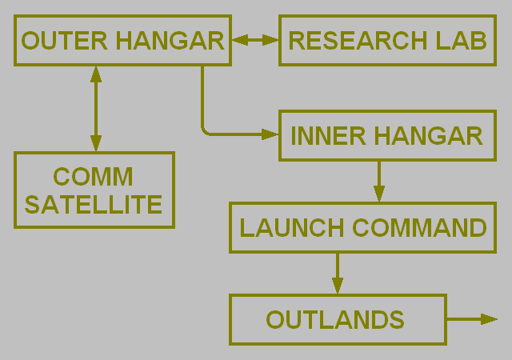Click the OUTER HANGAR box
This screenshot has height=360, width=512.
[x=122, y=40]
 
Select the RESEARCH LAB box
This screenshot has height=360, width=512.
[x=387, y=40]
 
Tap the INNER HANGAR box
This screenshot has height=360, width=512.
[x=387, y=136]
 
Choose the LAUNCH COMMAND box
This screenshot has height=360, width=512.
[x=362, y=228]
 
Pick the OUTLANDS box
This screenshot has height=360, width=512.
[x=337, y=319]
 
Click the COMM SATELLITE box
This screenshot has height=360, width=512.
[x=94, y=190]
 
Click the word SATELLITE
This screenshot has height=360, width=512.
[x=94, y=205]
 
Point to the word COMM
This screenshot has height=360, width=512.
[x=94, y=176]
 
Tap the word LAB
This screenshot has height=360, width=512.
[x=462, y=41]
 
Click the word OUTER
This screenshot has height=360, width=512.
[x=56, y=41]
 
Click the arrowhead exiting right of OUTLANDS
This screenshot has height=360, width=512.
[x=490, y=319]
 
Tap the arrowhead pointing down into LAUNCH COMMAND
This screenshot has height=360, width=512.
[x=379, y=194]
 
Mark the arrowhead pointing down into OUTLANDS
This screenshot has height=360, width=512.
[x=338, y=286]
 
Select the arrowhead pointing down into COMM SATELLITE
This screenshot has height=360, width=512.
[x=96, y=143]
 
